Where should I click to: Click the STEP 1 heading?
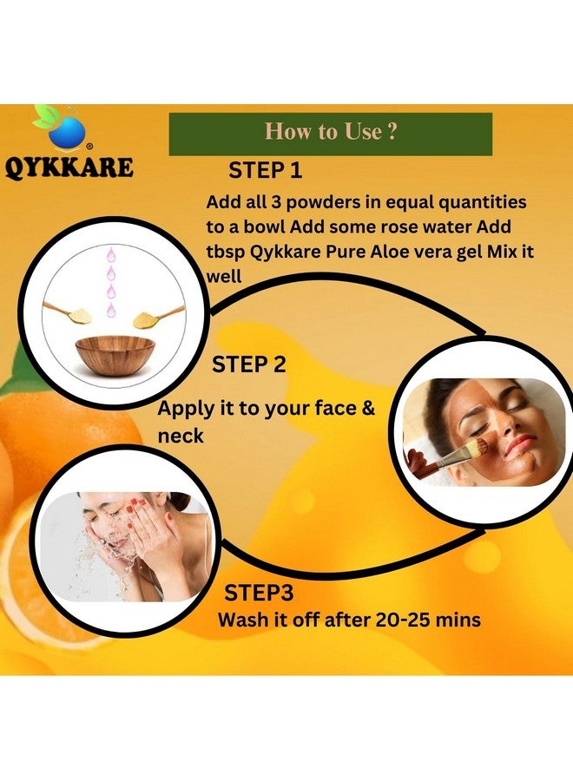coord(265,169)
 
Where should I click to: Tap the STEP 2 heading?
coord(248,364)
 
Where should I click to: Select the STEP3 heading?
coord(259,593)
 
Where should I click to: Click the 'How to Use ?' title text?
coord(331,132)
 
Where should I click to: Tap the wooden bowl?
coord(115,351)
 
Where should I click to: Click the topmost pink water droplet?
coord(111,255)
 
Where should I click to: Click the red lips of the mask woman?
coord(521,445)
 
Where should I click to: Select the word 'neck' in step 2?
coord(181,436)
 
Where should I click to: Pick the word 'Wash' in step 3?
coord(243,620)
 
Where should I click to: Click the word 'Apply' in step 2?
coord(186,409)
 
